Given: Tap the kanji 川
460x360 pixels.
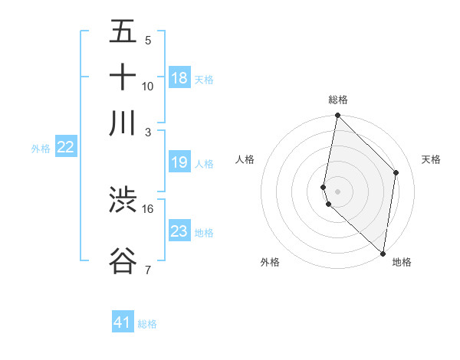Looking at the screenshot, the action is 123,123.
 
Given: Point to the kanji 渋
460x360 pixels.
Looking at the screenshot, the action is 123,200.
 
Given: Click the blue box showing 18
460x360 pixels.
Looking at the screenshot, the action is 179,78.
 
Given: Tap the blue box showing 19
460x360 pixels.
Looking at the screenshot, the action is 179,162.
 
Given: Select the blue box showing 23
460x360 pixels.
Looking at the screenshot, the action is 179,231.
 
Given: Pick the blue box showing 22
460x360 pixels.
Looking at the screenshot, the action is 65,148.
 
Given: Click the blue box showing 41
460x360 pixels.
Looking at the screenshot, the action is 123,322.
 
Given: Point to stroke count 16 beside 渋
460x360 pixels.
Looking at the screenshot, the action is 148,208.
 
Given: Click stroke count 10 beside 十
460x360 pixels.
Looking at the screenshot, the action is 148,86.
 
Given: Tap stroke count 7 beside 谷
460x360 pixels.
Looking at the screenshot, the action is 148,270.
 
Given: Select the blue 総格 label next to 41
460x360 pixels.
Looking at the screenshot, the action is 147,324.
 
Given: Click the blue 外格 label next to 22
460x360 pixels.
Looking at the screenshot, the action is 41,149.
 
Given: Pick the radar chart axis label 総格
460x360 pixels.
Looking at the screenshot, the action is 338,100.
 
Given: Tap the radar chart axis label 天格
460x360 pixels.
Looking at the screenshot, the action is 431,159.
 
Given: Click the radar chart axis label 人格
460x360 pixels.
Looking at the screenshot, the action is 245,159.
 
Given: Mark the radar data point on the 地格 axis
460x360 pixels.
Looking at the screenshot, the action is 383,253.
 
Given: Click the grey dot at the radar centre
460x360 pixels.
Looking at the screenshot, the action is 338,191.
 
